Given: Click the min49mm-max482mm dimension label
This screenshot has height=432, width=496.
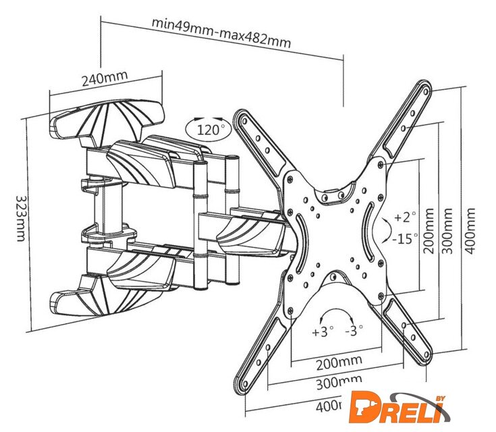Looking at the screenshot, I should tap(221, 32).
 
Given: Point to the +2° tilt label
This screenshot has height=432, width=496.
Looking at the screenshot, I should tap(405, 217).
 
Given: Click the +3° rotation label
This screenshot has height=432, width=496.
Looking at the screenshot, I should tap(323, 331).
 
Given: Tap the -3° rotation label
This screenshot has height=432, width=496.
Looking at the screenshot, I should tap(354, 331).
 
